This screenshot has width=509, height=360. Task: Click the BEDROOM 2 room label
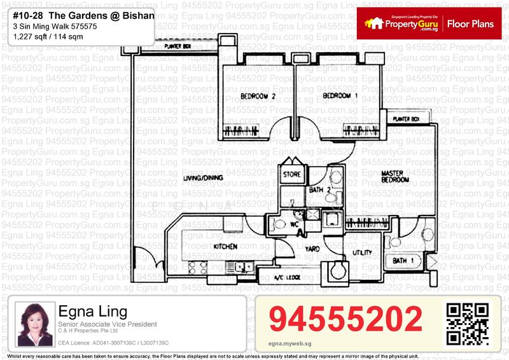point(258,97)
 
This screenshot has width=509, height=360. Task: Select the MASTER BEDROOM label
point(394,176)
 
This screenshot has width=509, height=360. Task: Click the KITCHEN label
point(225,246)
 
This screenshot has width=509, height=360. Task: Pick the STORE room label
point(292,174)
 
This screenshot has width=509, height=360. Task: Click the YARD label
point(312,249)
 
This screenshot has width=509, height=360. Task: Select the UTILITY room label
point(362,253)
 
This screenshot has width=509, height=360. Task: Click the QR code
point(468,324)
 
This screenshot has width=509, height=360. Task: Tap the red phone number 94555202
point(345,319)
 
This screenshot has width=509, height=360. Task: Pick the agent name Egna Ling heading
point(92,312)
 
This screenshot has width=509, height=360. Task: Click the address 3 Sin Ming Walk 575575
point(54,26)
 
